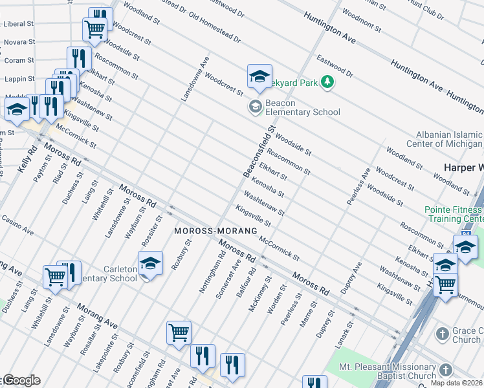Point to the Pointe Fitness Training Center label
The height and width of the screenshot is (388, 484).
(x=453, y=214)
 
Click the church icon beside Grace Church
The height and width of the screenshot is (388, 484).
(x=442, y=334)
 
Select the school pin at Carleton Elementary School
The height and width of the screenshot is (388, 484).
(x=150, y=263)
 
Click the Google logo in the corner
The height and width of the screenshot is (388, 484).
(x=21, y=380)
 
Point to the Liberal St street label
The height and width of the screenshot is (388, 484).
(x=19, y=23)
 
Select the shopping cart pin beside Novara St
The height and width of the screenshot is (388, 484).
(x=94, y=29)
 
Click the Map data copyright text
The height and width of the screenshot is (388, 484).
(x=457, y=383)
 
